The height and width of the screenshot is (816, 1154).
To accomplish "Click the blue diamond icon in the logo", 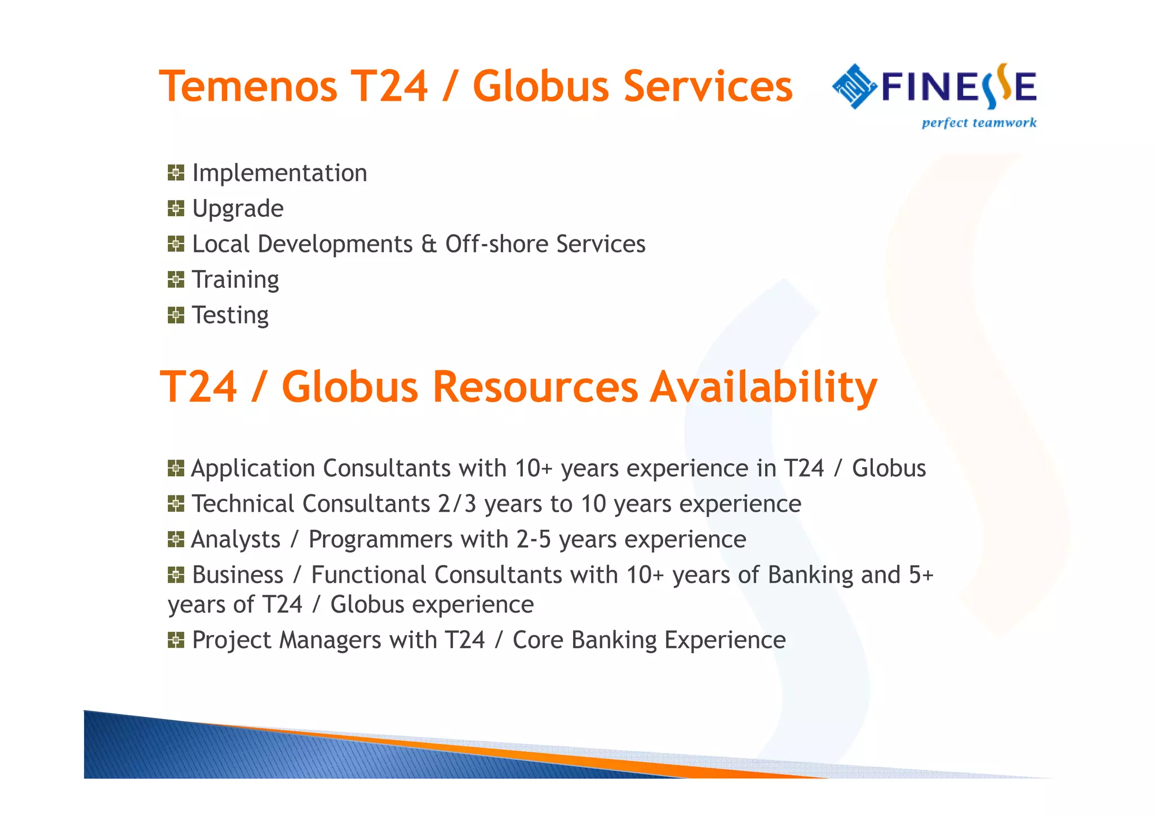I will (x=854, y=86).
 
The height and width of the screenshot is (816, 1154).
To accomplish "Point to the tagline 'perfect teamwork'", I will (x=979, y=123).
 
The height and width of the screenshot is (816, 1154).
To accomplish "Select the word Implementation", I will (x=279, y=173).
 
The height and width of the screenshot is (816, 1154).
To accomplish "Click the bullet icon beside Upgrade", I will (x=176, y=209).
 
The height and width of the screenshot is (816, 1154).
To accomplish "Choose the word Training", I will (x=236, y=280).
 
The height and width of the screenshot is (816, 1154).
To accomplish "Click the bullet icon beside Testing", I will (x=176, y=315).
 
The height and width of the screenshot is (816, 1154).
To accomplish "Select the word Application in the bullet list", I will (x=253, y=468).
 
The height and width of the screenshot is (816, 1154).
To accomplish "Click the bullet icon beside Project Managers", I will (x=176, y=640).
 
